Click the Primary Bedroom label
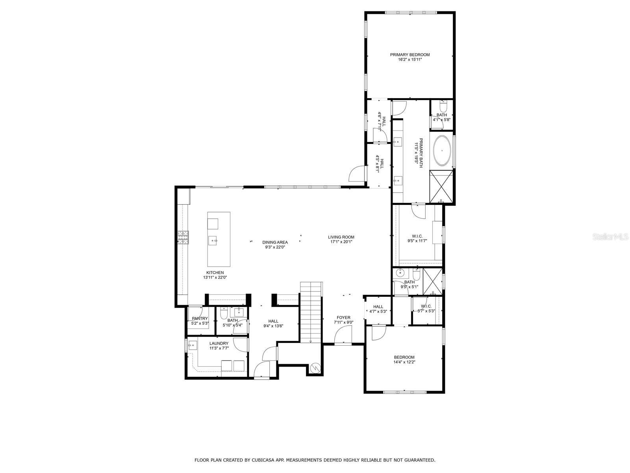[x=409, y=55]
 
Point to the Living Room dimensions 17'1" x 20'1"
[x=341, y=242]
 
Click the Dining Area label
[x=275, y=242]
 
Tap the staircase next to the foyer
[x=311, y=311]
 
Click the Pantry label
[x=200, y=318]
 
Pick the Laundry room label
[x=219, y=343]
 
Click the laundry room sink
[x=193, y=346]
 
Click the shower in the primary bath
[x=441, y=186]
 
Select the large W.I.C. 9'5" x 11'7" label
[x=417, y=236]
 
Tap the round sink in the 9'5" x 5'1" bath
[x=400, y=272]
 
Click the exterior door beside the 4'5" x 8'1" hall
[x=356, y=174]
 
